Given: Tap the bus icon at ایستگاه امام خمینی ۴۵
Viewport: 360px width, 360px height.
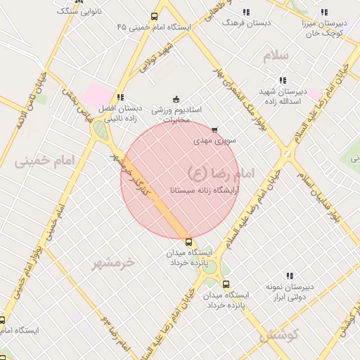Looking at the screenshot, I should [155, 15].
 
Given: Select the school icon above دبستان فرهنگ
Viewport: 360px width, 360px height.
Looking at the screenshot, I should [246, 12].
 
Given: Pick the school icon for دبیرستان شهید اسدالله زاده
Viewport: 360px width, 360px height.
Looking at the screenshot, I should [283, 81].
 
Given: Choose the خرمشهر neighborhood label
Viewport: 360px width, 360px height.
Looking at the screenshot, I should [113, 262].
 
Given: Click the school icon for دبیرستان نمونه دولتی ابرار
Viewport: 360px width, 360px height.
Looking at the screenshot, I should [290, 276].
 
